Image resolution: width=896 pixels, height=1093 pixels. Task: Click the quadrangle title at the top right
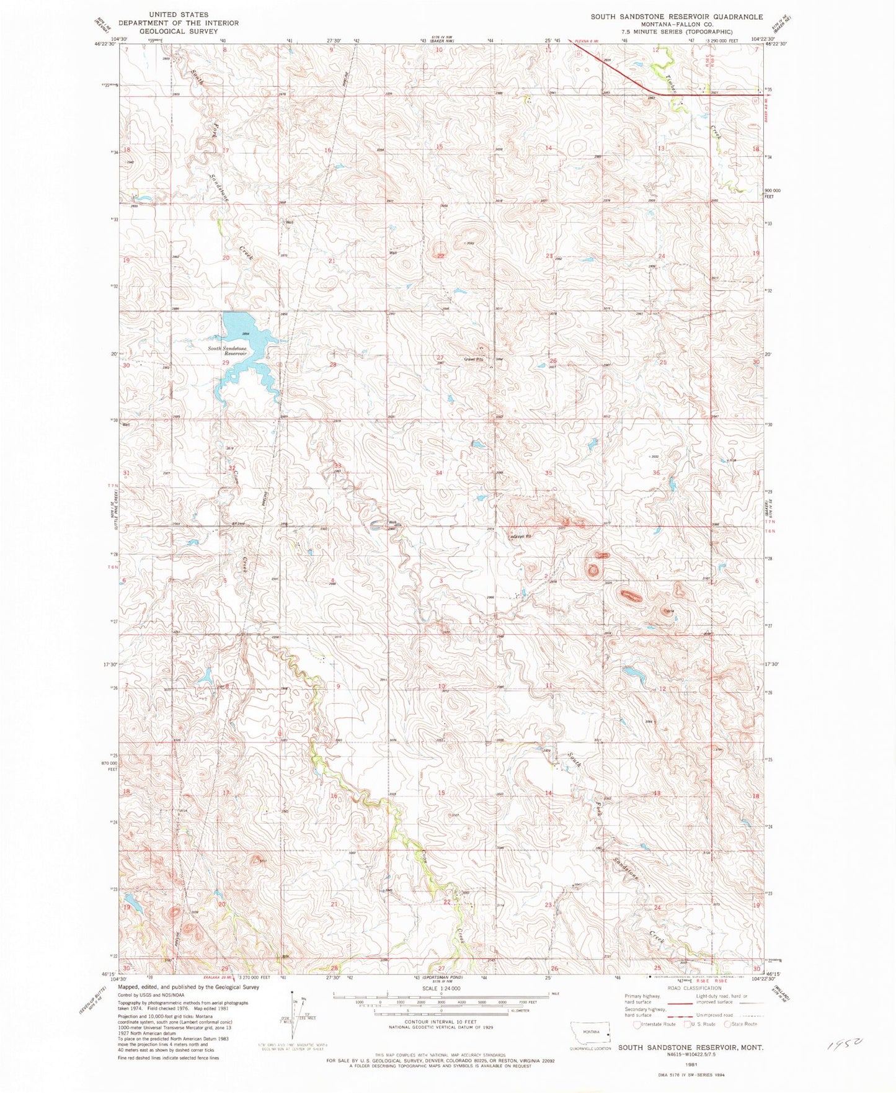pos(661,17)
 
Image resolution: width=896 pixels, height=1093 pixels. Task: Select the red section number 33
pos(338,465)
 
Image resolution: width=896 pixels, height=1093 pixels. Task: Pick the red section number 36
pos(656,473)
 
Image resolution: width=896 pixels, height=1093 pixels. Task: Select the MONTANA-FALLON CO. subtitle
pos(661,25)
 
